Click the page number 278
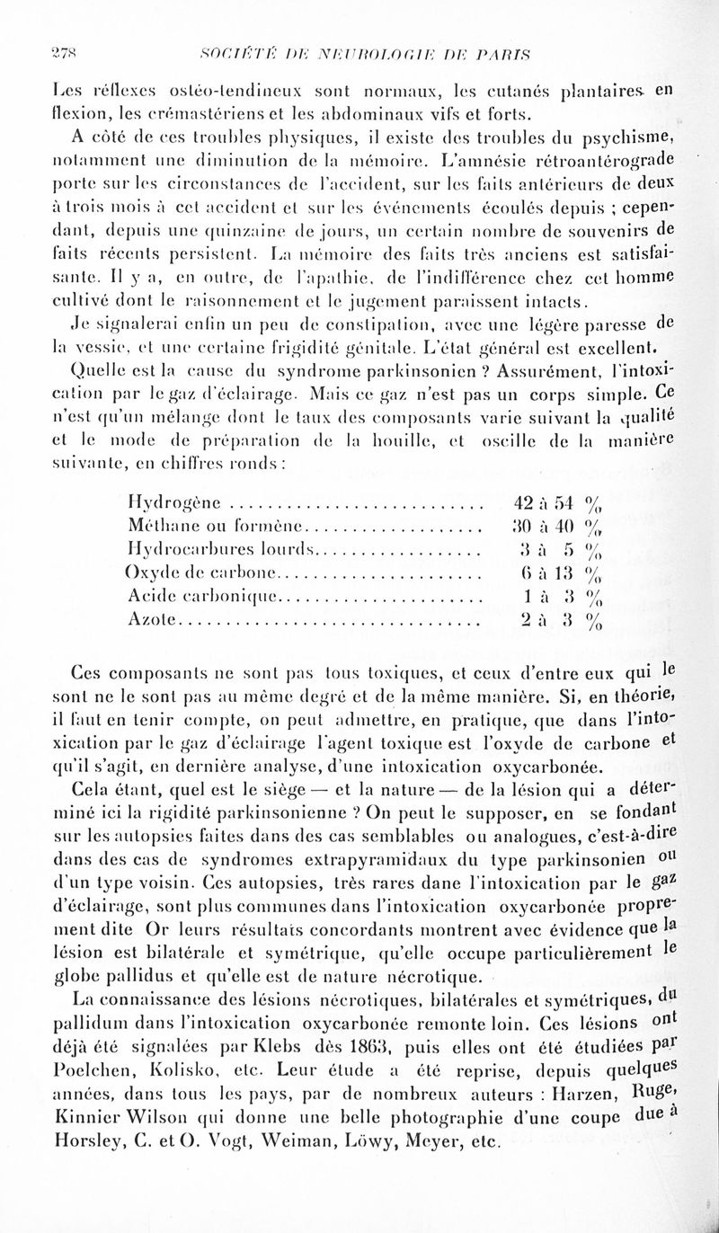coord(34,51)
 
